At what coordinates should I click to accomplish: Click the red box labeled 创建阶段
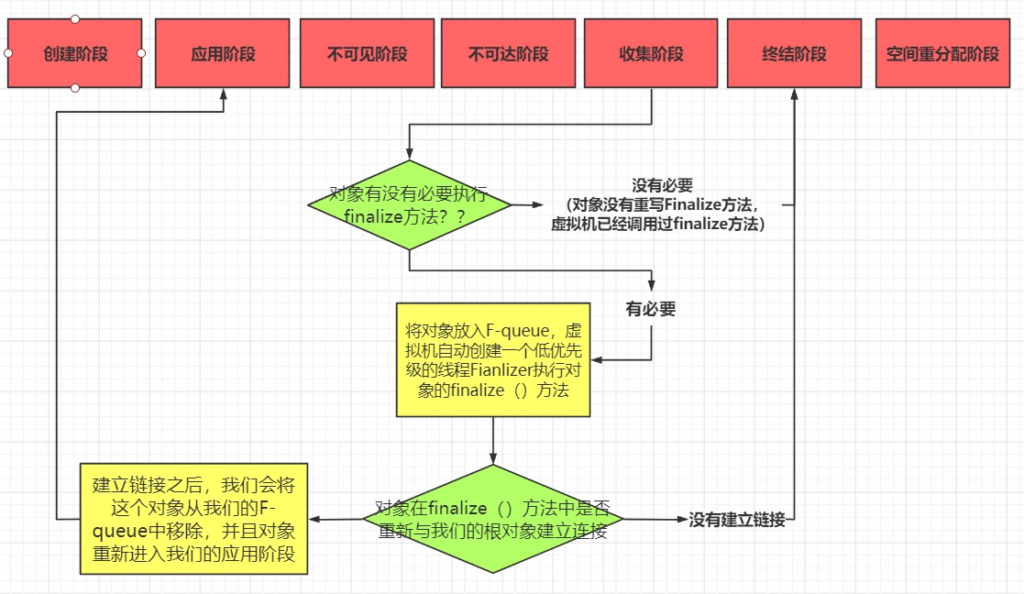75,54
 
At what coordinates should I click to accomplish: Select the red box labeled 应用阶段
224,54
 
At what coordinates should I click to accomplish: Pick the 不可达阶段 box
508,54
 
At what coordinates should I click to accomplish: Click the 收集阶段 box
651,54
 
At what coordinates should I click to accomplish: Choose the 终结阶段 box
794,54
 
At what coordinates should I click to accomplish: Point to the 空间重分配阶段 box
942,54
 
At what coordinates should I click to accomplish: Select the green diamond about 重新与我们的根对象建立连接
493,520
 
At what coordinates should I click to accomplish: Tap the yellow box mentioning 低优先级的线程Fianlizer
493,360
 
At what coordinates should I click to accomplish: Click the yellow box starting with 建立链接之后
193,519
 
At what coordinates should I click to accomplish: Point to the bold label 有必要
651,309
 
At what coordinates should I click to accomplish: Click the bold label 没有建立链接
737,520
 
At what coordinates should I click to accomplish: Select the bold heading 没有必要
662,185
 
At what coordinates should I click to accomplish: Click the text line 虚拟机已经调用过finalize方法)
657,223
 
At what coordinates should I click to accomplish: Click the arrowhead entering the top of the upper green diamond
409,155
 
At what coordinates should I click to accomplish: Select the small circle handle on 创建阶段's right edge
142,53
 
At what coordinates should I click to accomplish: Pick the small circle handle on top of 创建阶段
75,19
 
